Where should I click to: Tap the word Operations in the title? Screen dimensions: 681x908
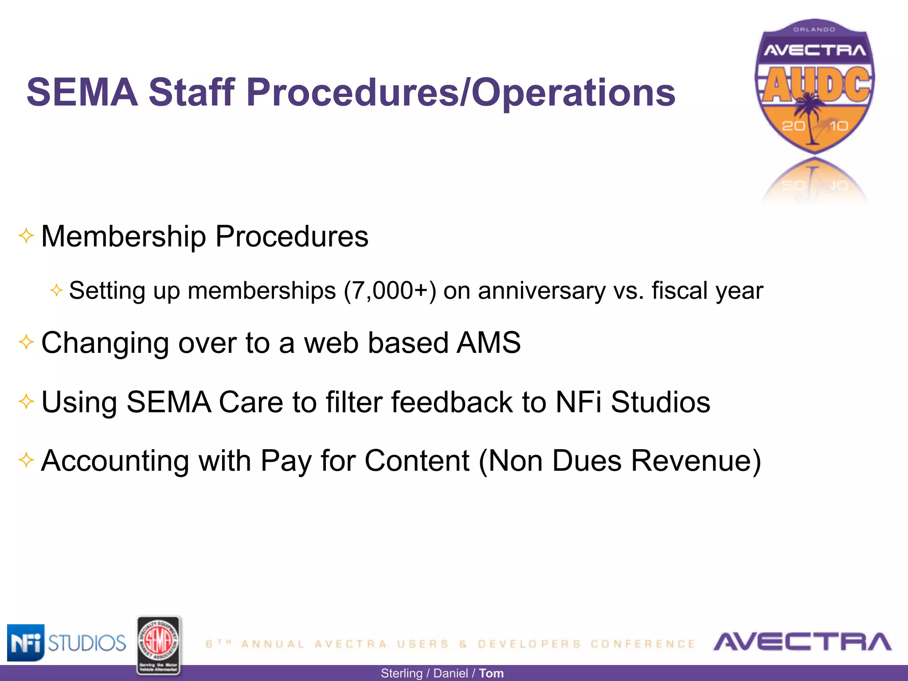point(573,93)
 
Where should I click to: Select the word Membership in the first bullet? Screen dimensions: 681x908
point(123,236)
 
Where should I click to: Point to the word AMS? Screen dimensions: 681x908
point(489,343)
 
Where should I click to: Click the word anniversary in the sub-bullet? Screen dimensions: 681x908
point(541,291)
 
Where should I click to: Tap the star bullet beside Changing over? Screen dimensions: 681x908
point(26,342)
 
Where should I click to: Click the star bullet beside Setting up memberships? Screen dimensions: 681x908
point(56,290)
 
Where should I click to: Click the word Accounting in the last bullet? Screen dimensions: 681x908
point(115,461)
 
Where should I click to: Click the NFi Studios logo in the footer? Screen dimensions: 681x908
point(67,642)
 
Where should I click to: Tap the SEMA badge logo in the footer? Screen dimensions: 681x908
point(158,646)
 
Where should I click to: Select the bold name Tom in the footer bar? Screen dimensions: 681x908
point(491,673)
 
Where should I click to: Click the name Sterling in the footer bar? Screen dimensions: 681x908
point(401,673)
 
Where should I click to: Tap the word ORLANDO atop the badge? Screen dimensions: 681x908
point(814,30)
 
